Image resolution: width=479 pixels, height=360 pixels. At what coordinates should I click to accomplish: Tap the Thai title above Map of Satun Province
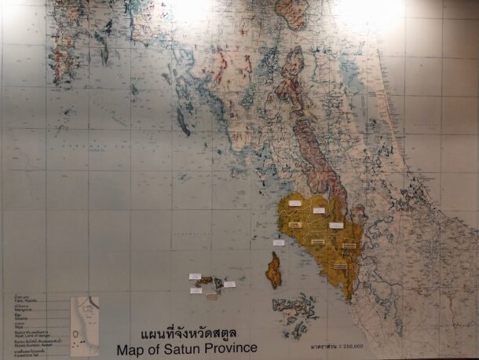coord(187,333)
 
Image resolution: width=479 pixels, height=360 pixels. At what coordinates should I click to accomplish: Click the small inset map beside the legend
coord(84,321)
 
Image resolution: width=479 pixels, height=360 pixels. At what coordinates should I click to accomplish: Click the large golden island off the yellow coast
coord(274,270)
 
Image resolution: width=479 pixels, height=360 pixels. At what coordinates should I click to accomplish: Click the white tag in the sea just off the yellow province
coord(279,243)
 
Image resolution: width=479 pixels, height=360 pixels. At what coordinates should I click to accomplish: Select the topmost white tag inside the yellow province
coord(294,204)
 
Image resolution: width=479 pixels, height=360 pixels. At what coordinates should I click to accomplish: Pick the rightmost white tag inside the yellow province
coord(336,226)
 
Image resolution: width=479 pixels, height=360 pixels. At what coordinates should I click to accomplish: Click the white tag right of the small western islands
coord(229,285)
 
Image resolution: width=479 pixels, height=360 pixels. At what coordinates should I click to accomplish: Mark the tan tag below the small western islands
coord(212,296)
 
